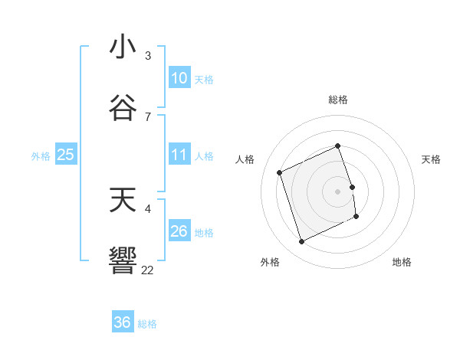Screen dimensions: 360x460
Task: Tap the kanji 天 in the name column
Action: pyautogui.click(x=123, y=201)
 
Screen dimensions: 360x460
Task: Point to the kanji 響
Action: pyautogui.click(x=123, y=260)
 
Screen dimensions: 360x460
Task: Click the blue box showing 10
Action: pyautogui.click(x=179, y=78)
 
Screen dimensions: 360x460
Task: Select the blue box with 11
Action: pyautogui.click(x=179, y=155)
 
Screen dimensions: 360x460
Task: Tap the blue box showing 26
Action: pyautogui.click(x=179, y=231)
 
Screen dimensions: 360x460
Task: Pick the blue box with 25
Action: pyautogui.click(x=66, y=155)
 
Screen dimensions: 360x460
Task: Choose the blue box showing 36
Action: pyautogui.click(x=123, y=322)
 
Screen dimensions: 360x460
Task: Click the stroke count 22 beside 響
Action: pyautogui.click(x=148, y=270)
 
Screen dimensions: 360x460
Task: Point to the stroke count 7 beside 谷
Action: pyautogui.click(x=148, y=116)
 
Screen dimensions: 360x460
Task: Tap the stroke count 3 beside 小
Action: pyautogui.click(x=148, y=55)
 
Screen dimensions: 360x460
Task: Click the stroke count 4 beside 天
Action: pyautogui.click(x=148, y=208)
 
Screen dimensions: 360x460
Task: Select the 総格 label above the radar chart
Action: pyautogui.click(x=338, y=100)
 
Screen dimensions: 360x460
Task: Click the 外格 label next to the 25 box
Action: pyautogui.click(x=41, y=155)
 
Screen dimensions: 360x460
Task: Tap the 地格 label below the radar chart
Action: pyautogui.click(x=402, y=262)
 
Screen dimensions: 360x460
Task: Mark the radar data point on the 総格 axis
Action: pyautogui.click(x=338, y=146)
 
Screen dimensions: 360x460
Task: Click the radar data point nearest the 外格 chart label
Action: pyautogui.click(x=301, y=242)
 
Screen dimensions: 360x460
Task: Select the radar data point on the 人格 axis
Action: pyautogui.click(x=280, y=172)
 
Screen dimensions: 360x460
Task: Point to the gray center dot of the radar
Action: pyautogui.click(x=338, y=191)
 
